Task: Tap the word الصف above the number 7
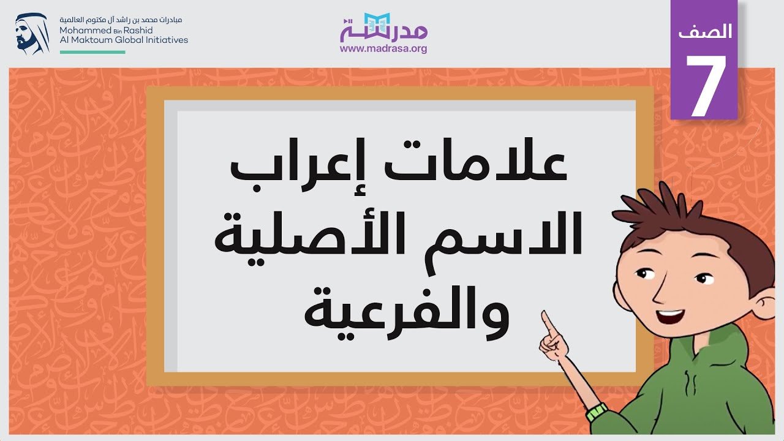click(x=705, y=31)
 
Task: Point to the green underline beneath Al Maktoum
click(x=92, y=52)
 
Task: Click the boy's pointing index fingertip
click(x=544, y=313)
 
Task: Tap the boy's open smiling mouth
click(x=670, y=317)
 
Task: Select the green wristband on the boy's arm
click(x=597, y=412)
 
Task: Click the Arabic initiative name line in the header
click(x=121, y=20)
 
